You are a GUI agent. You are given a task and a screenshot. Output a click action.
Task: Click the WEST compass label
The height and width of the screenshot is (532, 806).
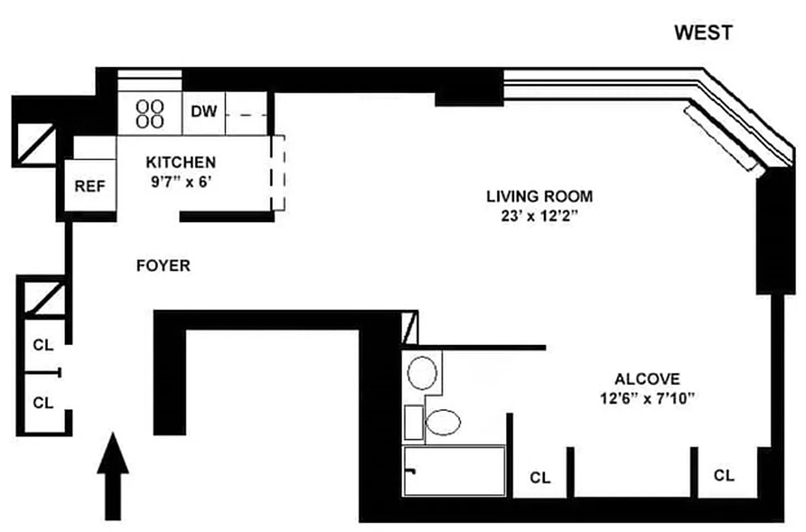click(x=704, y=33)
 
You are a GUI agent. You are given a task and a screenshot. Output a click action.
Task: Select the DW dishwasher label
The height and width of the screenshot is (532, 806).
click(x=204, y=111)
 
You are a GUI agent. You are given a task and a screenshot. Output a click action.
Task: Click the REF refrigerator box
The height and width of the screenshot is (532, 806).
click(x=90, y=186)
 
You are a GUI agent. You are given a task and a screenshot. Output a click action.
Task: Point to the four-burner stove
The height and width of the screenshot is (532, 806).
click(x=150, y=114)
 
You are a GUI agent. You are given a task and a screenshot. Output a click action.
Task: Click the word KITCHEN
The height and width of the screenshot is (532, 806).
click(x=180, y=162)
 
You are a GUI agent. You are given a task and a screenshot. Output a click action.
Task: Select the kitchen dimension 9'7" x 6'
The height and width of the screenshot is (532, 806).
click(x=180, y=182)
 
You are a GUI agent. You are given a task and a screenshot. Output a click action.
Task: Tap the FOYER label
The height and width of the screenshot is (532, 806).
click(x=163, y=266)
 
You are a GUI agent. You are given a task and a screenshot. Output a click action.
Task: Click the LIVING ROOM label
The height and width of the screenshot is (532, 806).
click(x=539, y=197)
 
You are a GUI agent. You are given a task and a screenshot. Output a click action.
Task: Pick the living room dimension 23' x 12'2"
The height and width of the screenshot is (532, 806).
click(x=539, y=216)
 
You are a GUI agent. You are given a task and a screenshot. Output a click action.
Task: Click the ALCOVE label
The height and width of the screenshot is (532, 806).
click(x=647, y=379)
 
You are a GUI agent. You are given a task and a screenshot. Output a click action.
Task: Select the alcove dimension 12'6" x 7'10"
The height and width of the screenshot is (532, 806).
click(x=647, y=399)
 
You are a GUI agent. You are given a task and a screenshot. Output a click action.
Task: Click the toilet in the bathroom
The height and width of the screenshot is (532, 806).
click(x=442, y=422)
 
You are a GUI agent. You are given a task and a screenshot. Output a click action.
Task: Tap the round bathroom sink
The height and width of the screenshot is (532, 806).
click(x=422, y=373)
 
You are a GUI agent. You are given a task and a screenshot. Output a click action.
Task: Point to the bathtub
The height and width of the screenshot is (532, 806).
click(x=454, y=471)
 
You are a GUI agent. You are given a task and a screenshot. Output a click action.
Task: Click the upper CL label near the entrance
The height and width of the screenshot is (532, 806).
click(x=43, y=345)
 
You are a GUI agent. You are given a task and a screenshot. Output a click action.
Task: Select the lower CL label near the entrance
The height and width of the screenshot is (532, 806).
click(x=43, y=402)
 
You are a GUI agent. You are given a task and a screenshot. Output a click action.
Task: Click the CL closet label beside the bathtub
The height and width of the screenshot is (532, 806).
click(x=540, y=477)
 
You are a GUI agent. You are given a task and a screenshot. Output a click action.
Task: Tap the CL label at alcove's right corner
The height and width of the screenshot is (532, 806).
click(x=724, y=475)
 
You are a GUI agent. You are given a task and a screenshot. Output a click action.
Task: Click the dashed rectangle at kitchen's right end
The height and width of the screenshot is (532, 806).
click(x=279, y=172)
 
